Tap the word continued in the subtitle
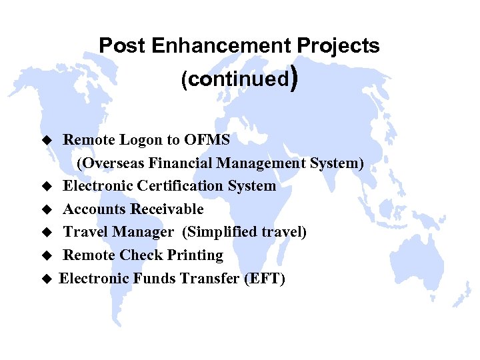click(237, 79)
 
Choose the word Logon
click(141, 140)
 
